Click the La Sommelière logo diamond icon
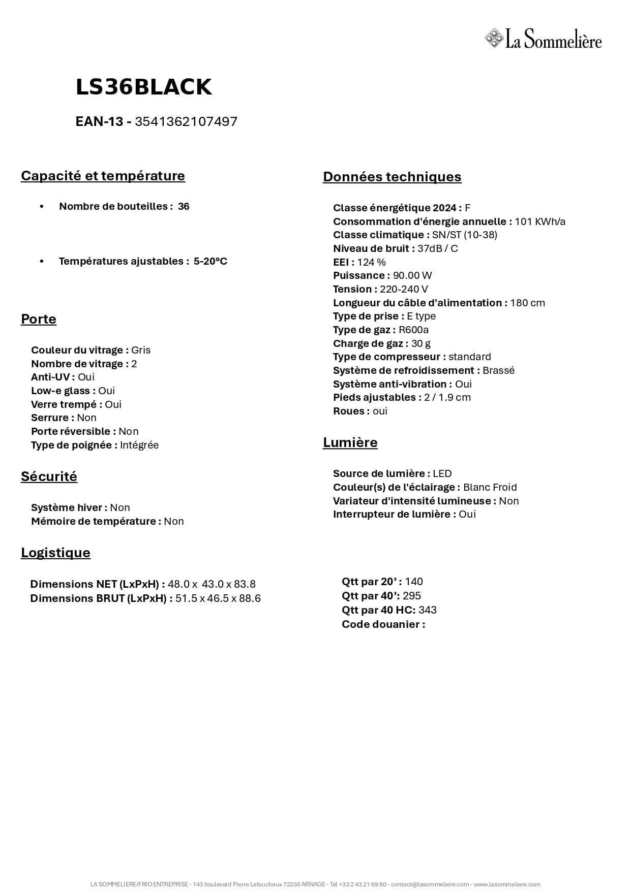click(493, 39)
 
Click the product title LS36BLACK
click(143, 87)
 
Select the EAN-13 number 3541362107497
click(186, 121)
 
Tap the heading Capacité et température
click(103, 176)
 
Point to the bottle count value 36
click(184, 206)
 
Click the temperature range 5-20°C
click(210, 261)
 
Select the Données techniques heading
click(392, 177)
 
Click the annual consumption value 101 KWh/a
click(540, 221)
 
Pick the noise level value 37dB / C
click(437, 248)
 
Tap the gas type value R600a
click(413, 330)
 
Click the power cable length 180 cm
click(527, 303)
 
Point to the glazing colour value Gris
click(141, 350)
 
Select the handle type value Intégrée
click(139, 445)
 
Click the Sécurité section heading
click(49, 476)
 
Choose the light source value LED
click(442, 473)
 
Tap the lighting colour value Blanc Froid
click(490, 487)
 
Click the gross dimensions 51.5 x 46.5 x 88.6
click(218, 598)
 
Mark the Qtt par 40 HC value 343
click(428, 610)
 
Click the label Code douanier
click(383, 624)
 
